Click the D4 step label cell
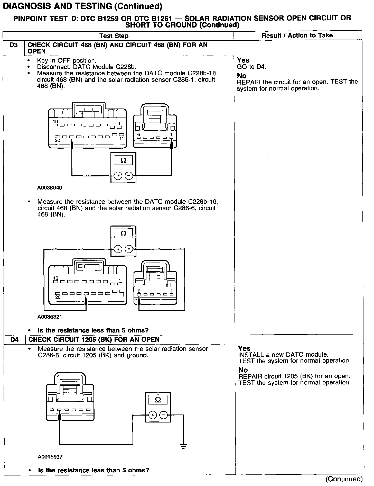[x=15, y=340]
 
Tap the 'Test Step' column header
[x=114, y=36]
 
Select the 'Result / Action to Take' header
[x=297, y=35]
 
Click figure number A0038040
[x=50, y=188]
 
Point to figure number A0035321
[x=50, y=317]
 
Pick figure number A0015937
[x=50, y=457]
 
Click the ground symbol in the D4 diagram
[x=183, y=446]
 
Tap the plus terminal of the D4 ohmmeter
[x=153, y=415]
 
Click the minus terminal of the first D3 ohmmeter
[x=129, y=176]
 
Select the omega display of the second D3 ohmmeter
[x=123, y=234]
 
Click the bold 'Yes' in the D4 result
[x=244, y=348]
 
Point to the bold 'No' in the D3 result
[x=242, y=76]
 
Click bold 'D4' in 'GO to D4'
[x=261, y=67]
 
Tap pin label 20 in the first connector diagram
[x=57, y=140]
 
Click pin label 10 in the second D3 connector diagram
[x=55, y=278]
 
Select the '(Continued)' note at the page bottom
[x=344, y=479]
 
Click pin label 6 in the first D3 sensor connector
[x=139, y=134]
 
